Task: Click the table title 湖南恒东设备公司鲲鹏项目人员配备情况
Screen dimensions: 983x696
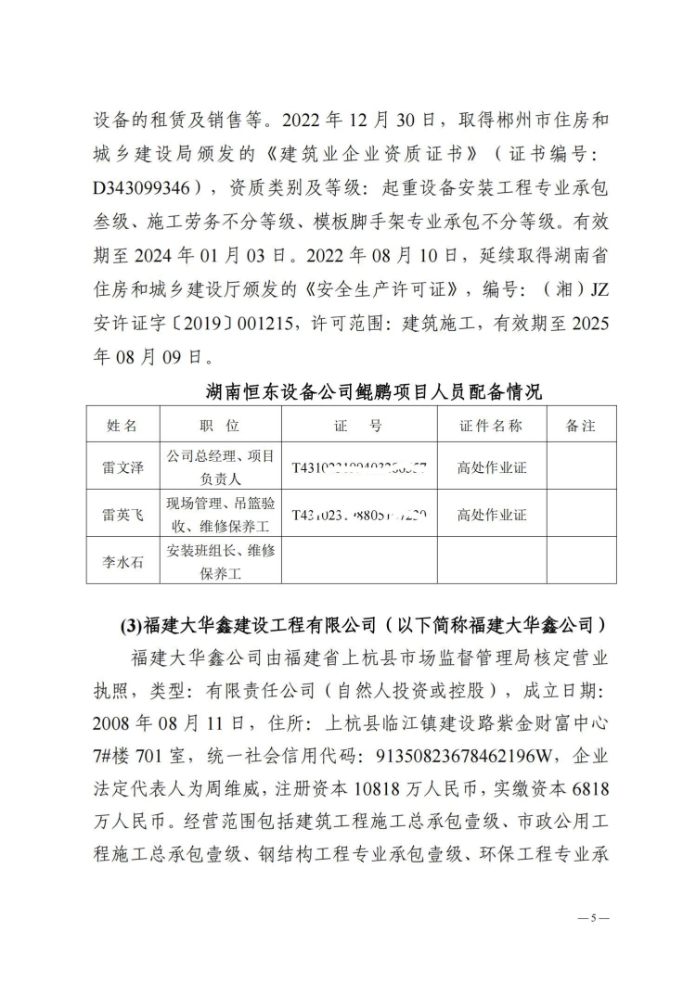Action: [x=373, y=391]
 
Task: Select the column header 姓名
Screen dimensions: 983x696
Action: [x=122, y=426]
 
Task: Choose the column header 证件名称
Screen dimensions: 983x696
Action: [x=491, y=426]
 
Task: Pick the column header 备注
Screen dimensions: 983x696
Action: [x=580, y=426]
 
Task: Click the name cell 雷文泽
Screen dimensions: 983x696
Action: [x=122, y=467]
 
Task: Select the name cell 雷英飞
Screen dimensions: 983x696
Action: [x=122, y=514]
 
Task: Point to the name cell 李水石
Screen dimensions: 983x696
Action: [x=122, y=561]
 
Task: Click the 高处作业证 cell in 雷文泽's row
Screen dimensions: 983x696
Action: [x=491, y=467]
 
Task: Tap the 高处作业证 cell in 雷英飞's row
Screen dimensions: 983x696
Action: [x=491, y=514]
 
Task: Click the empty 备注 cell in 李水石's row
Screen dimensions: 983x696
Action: [x=580, y=561]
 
